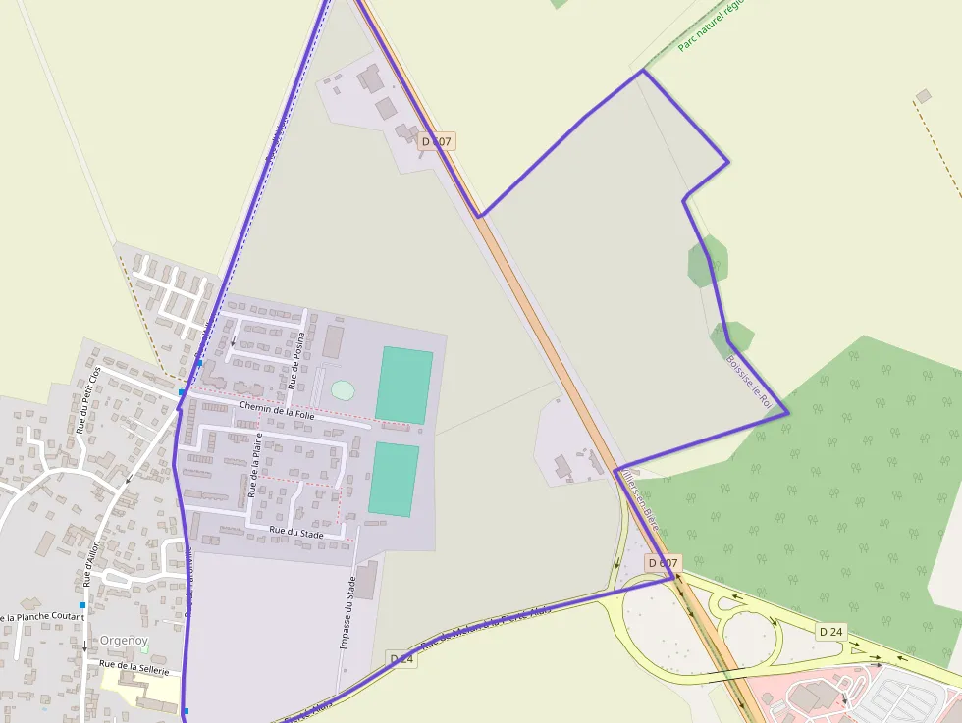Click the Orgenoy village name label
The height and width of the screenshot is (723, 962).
(x=124, y=641)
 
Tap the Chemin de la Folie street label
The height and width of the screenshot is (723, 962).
(x=277, y=410)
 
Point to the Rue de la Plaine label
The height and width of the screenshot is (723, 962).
(x=255, y=464)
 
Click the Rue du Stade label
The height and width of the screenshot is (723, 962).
(x=296, y=532)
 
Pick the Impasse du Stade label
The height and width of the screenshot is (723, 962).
(x=347, y=612)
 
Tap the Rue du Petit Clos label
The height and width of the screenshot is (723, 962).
(x=88, y=399)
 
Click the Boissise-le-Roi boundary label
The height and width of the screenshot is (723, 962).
(x=750, y=382)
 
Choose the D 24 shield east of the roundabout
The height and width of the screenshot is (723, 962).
(x=830, y=631)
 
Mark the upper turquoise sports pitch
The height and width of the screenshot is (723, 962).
(x=403, y=386)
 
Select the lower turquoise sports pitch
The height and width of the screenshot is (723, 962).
(x=394, y=479)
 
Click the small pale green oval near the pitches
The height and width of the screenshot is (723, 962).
(x=342, y=390)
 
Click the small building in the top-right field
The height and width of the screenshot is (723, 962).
(x=923, y=96)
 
